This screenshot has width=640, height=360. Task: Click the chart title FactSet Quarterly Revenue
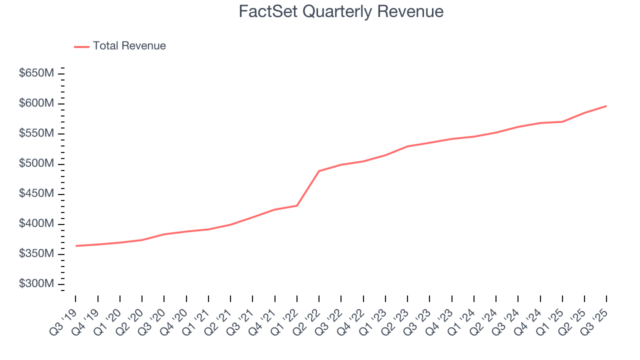[341, 11]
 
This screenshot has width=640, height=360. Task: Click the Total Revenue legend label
[129, 46]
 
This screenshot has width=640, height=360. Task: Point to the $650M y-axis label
[36, 73]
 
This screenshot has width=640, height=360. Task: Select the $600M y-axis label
[36, 103]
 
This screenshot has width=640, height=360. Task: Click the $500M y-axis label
[36, 164]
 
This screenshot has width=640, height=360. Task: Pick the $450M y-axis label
[36, 194]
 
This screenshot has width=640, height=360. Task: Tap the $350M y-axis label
[36, 254]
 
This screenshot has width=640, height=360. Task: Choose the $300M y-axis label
[36, 284]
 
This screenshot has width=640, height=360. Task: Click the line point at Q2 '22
[319, 171]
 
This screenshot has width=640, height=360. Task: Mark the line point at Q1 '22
[297, 205]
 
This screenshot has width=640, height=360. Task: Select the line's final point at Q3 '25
[606, 106]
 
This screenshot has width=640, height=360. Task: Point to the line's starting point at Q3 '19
[75, 246]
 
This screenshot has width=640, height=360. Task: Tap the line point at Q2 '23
[407, 146]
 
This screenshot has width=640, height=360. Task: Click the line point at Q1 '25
[562, 121]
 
